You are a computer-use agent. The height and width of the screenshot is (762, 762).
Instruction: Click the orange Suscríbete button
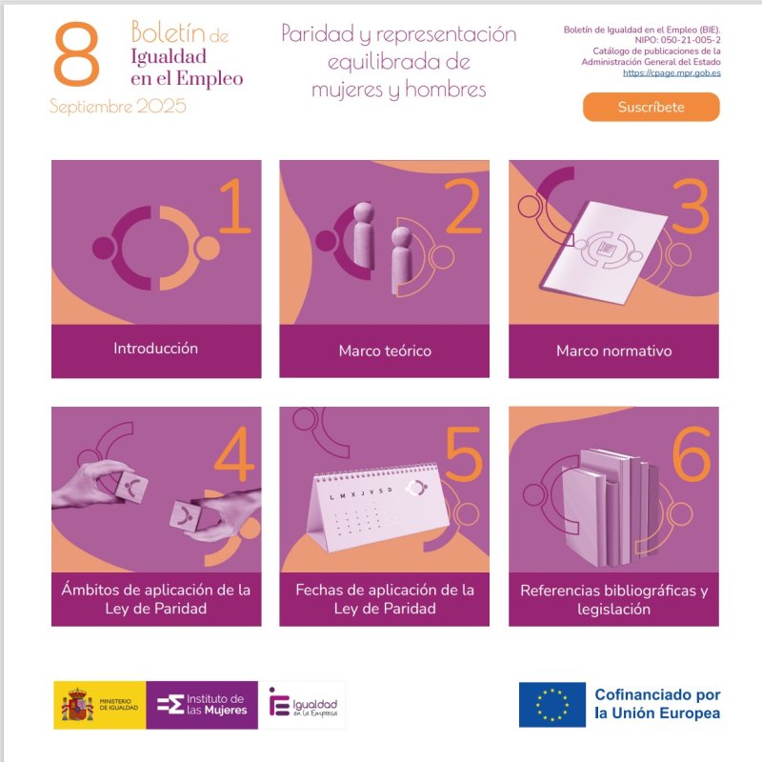(652, 107)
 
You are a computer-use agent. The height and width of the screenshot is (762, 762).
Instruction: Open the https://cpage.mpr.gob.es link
(672, 73)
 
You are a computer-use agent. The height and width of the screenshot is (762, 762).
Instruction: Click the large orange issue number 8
(76, 54)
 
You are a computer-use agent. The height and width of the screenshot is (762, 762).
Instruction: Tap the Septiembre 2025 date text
(117, 106)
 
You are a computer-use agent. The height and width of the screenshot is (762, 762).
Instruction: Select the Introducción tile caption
(155, 349)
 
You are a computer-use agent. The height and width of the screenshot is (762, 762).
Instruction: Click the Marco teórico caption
(385, 351)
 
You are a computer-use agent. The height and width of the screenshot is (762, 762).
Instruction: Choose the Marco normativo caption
(613, 351)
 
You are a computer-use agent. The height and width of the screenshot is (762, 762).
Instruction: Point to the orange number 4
(234, 454)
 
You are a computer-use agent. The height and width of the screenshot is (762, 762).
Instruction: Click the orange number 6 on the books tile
(692, 454)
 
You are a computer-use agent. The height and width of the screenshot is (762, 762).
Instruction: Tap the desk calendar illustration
(377, 507)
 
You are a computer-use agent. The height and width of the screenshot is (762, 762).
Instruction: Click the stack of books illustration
(610, 508)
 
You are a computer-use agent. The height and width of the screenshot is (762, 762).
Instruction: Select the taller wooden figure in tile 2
(364, 234)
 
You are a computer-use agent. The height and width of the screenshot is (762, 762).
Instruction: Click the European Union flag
(552, 705)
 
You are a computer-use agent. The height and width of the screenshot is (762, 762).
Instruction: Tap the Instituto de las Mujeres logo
(202, 705)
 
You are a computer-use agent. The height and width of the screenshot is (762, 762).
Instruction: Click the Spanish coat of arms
(77, 705)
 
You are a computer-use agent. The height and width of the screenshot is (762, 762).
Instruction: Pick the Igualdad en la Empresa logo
(302, 705)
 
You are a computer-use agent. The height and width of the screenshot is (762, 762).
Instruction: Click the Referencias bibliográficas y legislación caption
(613, 600)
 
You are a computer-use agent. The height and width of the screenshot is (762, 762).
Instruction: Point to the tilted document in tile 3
(605, 252)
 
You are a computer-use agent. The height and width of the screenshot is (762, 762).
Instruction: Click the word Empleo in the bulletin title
(210, 79)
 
